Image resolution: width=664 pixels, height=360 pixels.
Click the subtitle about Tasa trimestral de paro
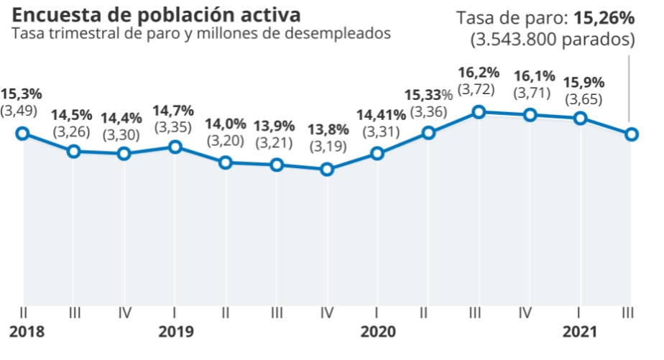pos(201,33)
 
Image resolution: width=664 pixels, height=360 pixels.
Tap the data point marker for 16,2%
pos(479,111)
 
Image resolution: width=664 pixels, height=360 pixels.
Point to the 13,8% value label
pos(328,130)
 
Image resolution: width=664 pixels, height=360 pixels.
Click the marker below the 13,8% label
pos(328,170)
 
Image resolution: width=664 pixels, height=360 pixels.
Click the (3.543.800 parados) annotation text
pos(553,40)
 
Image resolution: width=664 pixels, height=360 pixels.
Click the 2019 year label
pos(175,332)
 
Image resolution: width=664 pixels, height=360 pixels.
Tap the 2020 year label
pos(378,332)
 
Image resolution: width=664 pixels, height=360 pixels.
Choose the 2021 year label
pos(581,332)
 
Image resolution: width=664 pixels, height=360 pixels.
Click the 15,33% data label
pos(428,94)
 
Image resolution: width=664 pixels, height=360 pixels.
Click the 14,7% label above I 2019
pos(175,111)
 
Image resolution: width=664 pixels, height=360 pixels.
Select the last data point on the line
pos(632,134)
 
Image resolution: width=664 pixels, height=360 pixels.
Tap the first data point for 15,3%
pos(22,133)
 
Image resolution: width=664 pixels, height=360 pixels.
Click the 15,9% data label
pos(584,81)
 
